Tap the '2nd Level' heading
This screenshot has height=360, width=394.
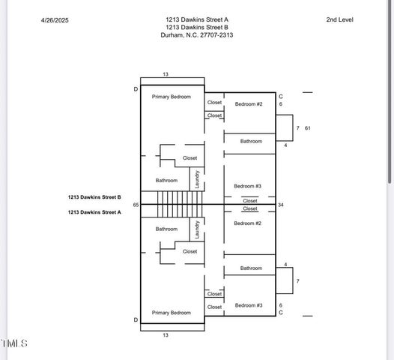(339, 20)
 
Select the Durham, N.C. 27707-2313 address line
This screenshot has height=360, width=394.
(197, 34)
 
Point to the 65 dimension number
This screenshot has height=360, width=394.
(136, 205)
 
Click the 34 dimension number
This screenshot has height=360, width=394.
(281, 205)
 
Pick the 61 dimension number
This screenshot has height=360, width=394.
(307, 128)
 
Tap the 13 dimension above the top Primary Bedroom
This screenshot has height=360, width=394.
(166, 74)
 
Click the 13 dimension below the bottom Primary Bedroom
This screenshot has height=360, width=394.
(166, 334)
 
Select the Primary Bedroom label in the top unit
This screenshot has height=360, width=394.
(172, 97)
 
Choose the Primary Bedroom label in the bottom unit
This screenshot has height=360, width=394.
(172, 313)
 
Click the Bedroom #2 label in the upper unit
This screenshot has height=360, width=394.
(249, 103)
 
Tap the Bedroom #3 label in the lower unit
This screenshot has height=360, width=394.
(249, 305)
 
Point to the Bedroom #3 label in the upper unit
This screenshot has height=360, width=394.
(247, 186)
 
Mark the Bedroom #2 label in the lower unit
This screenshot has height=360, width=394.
(247, 223)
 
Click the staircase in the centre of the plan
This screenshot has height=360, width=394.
(181, 204)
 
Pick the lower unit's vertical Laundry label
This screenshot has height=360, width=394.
(197, 229)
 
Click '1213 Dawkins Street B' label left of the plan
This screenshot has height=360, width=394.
(94, 197)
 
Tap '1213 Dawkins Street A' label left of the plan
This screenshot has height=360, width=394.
(94, 212)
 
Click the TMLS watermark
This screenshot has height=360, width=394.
(14, 343)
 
